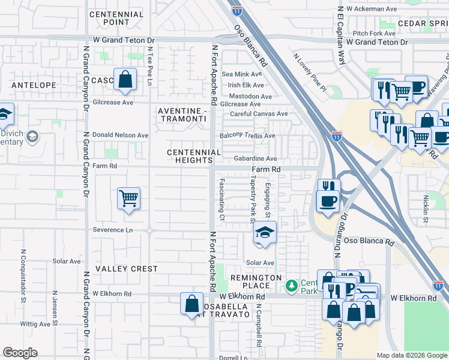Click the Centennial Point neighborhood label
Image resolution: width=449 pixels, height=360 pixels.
[116, 18]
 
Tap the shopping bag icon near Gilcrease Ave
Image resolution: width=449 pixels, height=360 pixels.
[124, 80]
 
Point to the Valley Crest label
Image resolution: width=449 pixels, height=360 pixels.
[127, 269]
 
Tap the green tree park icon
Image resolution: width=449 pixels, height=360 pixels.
[292, 285]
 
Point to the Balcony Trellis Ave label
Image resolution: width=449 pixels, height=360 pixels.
[247, 136]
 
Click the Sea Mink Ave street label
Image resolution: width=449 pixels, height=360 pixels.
[243, 74]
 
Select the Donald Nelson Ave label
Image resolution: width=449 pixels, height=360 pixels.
[116, 136]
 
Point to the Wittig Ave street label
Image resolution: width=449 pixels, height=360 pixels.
[35, 324]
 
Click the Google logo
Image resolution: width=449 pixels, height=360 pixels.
[20, 353]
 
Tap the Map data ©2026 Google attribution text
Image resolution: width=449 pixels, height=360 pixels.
[411, 355]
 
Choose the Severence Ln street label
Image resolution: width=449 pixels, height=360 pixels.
[113, 230]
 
